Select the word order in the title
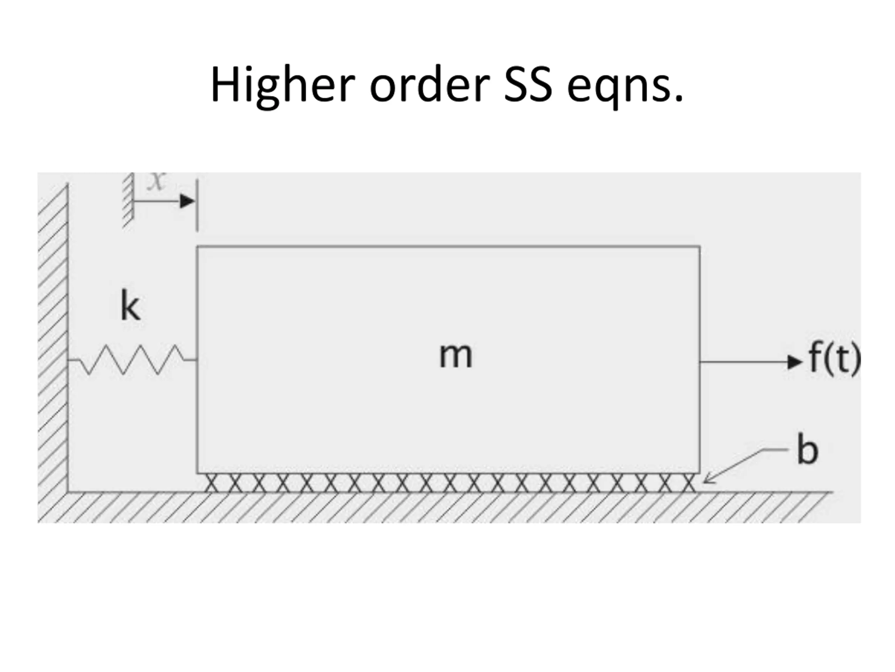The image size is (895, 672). (x=430, y=85)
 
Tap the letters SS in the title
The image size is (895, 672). (x=528, y=85)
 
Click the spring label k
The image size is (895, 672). (x=130, y=307)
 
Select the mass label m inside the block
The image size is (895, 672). (x=456, y=355)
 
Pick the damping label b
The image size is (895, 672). (x=807, y=450)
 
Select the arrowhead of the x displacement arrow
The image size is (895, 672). (x=187, y=201)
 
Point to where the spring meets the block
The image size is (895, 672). (x=196, y=360)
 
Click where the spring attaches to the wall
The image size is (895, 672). (x=67, y=360)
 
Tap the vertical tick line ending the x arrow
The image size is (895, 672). (x=197, y=205)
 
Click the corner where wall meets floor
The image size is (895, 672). (x=67, y=492)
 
